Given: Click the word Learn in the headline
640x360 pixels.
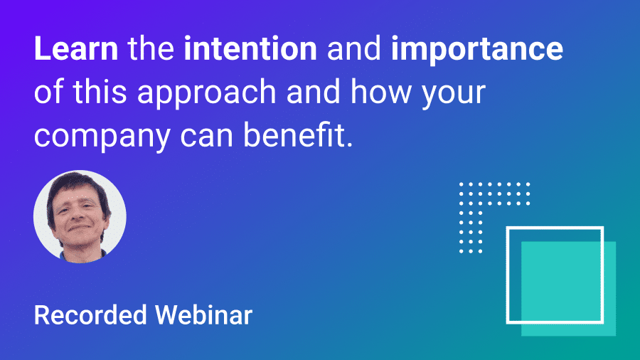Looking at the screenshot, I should tap(75, 49).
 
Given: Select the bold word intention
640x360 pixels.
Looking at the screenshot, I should tap(250, 49).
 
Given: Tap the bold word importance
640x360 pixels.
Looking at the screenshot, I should tap(477, 51).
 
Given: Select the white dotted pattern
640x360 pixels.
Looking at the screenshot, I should tap(484, 206).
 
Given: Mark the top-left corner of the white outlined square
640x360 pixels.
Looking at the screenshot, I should tap(507, 228).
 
